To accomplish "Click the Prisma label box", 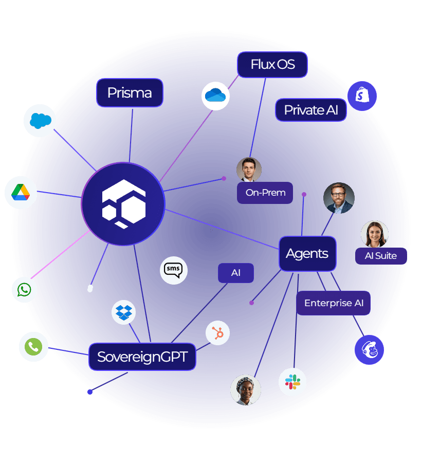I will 130,93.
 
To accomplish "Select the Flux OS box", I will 272,65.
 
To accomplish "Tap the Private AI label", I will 310,110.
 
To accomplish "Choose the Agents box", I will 307,254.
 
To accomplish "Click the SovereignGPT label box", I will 142,357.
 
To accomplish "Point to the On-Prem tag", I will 265,193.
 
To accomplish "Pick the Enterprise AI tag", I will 333,303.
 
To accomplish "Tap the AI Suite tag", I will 381,256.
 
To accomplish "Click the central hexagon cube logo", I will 123,204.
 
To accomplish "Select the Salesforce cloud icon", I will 40,121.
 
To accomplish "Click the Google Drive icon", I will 21,193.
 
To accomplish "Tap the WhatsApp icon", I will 24,290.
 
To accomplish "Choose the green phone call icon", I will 33,347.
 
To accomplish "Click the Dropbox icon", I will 124,312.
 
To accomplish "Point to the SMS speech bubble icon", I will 174,270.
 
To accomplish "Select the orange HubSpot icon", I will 218,333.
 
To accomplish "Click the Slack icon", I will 292,382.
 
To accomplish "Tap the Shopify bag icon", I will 362,96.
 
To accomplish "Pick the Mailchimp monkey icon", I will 369,350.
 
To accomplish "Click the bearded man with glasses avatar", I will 339,198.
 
